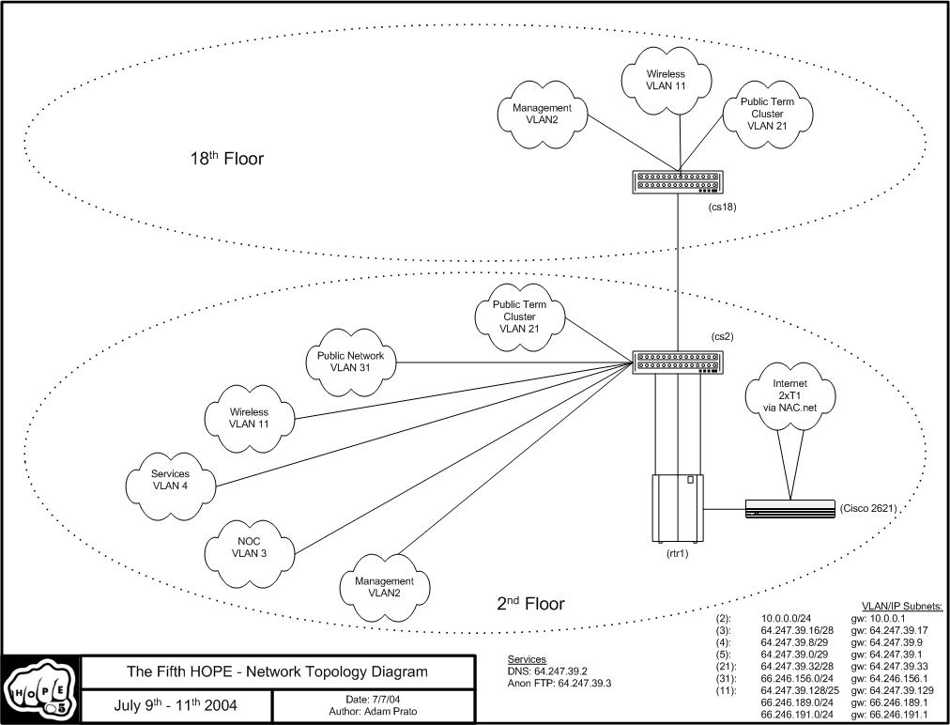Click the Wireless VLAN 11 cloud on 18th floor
coord(666,80)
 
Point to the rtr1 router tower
coord(678,508)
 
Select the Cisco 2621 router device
coord(789,509)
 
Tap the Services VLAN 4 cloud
coord(171,481)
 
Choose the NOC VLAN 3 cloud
coord(250,547)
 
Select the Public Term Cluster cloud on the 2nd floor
coord(518,316)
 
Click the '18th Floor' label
coord(226,159)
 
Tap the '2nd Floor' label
coord(530,604)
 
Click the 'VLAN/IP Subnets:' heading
coord(901,607)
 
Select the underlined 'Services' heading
coord(527,659)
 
